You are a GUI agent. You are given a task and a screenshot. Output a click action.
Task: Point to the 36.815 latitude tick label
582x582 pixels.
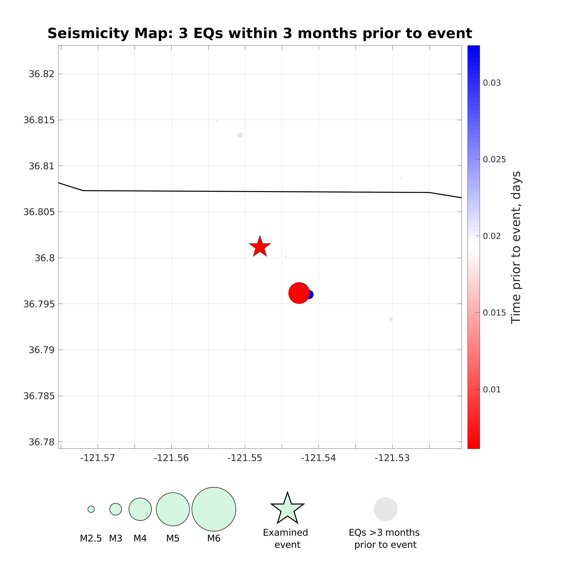click(39, 120)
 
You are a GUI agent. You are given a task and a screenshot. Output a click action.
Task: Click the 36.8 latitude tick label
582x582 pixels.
click(45, 258)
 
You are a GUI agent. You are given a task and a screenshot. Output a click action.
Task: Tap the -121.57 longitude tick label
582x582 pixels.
click(97, 458)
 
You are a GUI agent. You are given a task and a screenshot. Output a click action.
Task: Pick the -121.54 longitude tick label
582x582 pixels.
click(318, 458)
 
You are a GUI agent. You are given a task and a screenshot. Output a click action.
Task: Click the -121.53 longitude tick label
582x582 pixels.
click(392, 458)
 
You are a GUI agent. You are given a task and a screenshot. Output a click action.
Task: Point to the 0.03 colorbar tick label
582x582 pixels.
click(492, 83)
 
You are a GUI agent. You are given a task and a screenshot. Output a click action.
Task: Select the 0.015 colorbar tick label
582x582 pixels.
click(494, 313)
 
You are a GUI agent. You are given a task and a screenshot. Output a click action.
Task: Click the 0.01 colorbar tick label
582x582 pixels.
click(492, 389)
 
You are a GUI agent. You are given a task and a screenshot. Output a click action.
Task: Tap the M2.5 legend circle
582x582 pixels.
click(91, 509)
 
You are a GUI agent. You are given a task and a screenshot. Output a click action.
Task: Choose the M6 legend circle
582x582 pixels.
click(214, 509)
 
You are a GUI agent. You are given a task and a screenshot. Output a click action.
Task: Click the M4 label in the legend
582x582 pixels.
click(140, 538)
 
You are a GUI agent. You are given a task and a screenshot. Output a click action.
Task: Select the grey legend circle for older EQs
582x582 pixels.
click(386, 509)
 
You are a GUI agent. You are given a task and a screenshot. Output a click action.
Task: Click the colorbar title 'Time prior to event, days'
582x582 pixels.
click(516, 247)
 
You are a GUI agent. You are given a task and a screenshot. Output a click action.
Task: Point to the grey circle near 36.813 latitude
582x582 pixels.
click(240, 135)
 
